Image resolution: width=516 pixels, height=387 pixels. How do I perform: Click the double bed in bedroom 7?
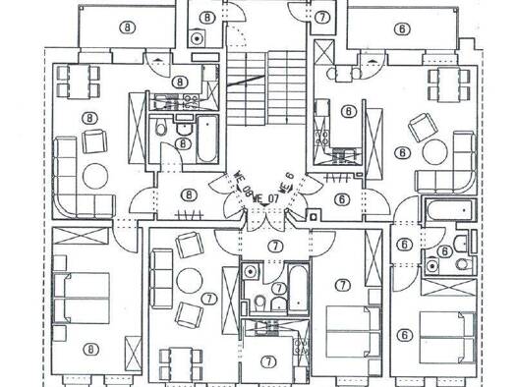(349, 329)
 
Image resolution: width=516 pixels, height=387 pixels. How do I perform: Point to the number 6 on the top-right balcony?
(402, 28)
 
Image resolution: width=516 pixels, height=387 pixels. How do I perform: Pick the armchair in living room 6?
(422, 126)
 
